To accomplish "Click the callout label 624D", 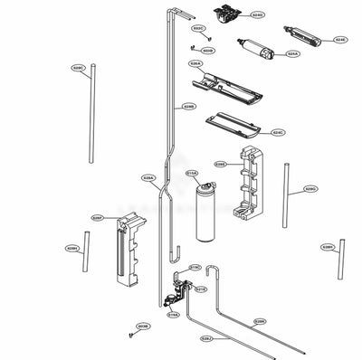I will [x=258, y=16].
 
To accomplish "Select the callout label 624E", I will [x=340, y=40].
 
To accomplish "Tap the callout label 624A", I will [x=292, y=53].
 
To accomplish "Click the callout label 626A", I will [x=195, y=63].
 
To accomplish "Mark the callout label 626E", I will [x=220, y=164].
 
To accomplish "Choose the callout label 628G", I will [x=310, y=189].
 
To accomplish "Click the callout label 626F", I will [x=98, y=218].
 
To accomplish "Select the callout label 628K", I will [x=259, y=321].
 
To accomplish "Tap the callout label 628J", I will [x=206, y=337].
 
